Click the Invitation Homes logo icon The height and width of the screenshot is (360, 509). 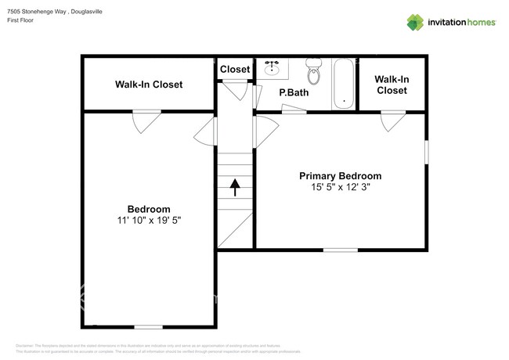tap(415, 22)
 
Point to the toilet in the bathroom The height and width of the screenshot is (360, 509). tap(314, 74)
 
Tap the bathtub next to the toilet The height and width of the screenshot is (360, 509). tap(343, 83)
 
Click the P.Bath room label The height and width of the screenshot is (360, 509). tap(294, 93)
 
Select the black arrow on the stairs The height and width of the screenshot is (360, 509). tap(234, 187)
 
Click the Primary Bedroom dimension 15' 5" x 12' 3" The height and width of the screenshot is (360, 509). tap(341, 187)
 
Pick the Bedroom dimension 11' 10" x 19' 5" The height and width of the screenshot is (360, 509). tap(149, 221)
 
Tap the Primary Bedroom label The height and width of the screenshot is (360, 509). tap(341, 176)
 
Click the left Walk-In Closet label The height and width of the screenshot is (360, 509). tap(149, 84)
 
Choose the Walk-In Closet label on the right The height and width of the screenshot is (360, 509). tap(392, 85)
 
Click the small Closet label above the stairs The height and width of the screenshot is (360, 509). tap(235, 70)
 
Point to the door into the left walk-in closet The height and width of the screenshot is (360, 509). tap(146, 120)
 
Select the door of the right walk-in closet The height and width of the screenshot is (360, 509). tap(392, 120)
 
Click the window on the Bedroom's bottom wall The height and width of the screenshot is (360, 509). tap(148, 326)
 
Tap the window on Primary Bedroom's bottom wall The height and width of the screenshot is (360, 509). tap(340, 250)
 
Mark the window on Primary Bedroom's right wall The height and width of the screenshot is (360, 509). tap(427, 152)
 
